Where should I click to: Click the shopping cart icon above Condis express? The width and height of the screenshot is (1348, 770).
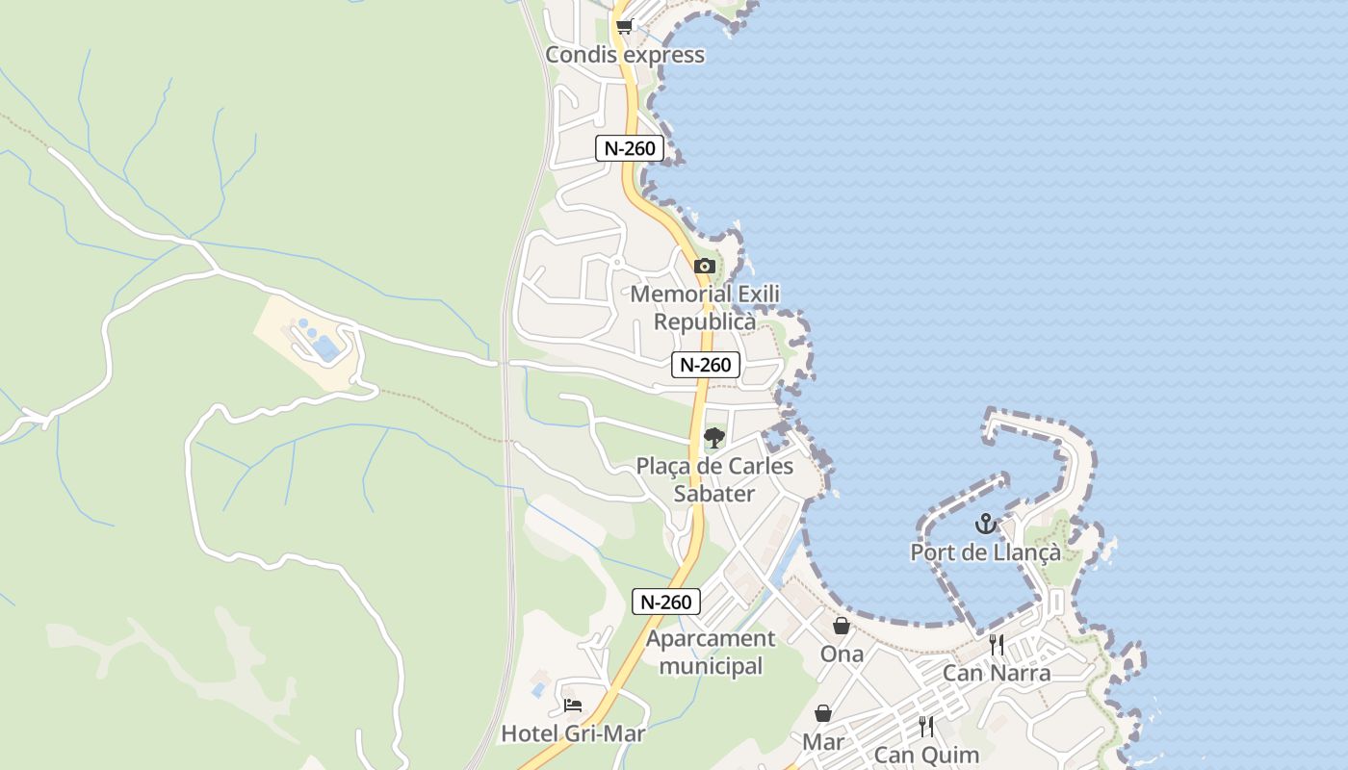[624, 27]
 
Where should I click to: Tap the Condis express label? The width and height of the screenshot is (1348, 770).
[625, 55]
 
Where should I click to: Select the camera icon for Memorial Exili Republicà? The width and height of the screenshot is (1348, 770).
[704, 266]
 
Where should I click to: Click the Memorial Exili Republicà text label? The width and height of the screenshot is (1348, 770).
[705, 308]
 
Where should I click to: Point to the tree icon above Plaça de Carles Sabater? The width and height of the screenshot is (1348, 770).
[713, 439]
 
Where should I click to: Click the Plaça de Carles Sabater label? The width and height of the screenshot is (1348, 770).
[714, 479]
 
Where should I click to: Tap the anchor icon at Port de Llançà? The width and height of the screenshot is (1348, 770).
[985, 525]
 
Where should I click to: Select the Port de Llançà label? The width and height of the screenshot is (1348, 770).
[985, 552]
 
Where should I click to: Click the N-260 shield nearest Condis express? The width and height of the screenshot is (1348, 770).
[630, 148]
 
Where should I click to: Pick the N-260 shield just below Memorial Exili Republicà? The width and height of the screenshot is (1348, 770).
[705, 365]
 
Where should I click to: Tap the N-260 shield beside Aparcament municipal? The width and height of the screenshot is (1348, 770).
[665, 602]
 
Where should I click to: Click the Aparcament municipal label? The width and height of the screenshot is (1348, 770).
[711, 652]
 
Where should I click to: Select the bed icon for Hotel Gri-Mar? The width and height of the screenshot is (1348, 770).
[573, 706]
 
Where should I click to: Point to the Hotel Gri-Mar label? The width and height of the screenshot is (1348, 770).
[573, 733]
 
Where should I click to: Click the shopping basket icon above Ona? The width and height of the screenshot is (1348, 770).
[842, 626]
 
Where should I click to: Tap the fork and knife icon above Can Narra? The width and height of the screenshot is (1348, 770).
[997, 644]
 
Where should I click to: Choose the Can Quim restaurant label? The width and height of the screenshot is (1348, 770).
[926, 756]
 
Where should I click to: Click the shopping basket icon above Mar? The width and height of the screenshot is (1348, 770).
[823, 713]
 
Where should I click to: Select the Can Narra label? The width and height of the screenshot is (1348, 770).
[997, 673]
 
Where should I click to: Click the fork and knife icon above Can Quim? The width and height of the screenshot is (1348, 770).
[926, 727]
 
